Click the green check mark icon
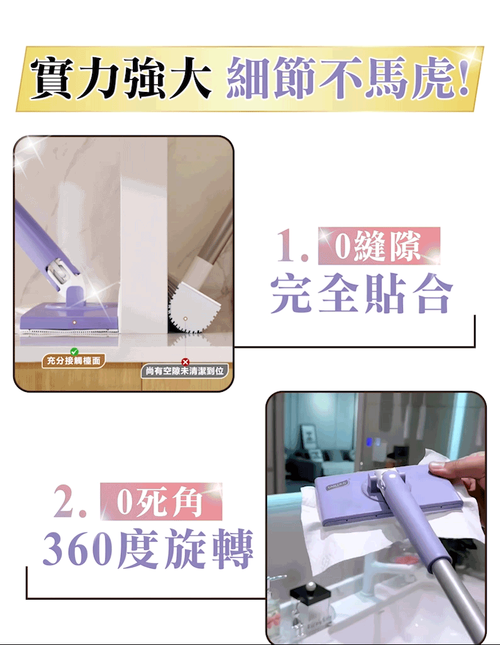[74, 351]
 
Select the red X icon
[185, 362]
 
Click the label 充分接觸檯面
[74, 361]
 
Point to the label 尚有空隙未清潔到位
[185, 371]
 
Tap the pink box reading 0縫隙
[379, 246]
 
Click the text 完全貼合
[362, 293]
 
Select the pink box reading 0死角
[161, 501]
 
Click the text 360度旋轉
[147, 549]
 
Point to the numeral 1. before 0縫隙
[292, 246]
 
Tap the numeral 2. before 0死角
[70, 501]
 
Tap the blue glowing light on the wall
[369, 442]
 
